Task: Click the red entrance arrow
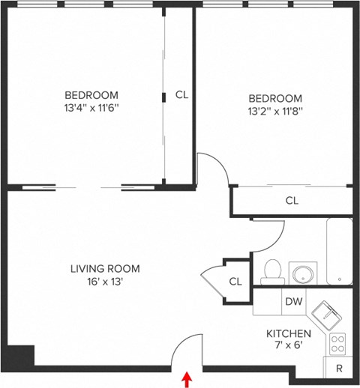point(186,381)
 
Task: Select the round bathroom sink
point(303,273)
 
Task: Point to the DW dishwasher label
point(293,302)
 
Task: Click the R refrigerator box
point(338,368)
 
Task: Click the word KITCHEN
point(289,333)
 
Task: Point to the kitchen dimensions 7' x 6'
point(289,346)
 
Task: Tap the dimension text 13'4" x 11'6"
point(91,108)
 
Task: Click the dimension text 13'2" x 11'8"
point(275,112)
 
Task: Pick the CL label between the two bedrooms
point(181,94)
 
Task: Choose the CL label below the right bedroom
point(292,201)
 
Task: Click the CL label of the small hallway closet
point(235,281)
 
